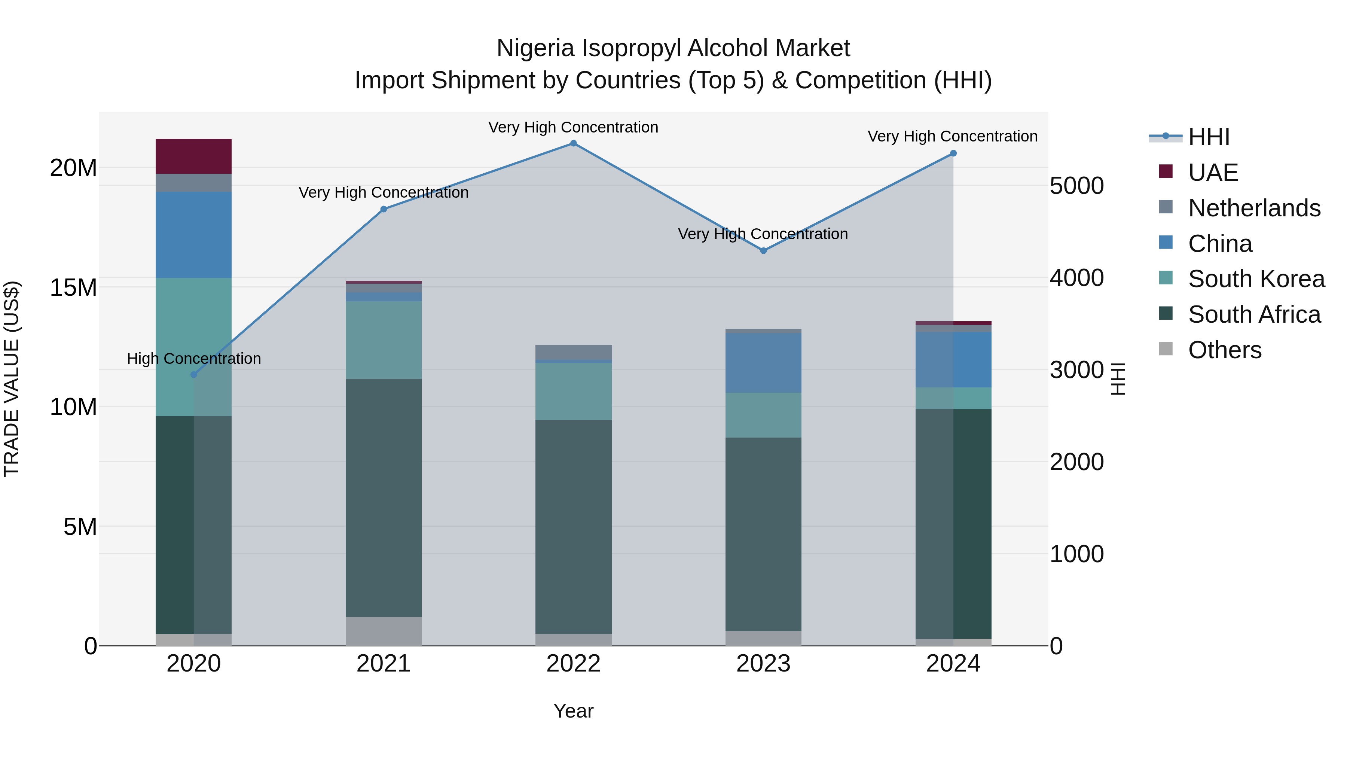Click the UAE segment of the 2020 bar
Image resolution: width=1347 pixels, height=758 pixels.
193,156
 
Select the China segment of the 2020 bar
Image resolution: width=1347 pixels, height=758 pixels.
193,234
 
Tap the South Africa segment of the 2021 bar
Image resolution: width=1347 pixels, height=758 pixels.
383,497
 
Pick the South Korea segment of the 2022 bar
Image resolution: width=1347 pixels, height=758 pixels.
573,391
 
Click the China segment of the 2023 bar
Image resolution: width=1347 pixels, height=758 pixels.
763,362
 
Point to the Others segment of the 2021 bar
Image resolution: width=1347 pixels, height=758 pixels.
383,631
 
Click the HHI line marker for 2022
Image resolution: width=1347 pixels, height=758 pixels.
573,143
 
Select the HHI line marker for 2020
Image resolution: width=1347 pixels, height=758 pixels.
193,375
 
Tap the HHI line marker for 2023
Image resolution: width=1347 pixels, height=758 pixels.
763,250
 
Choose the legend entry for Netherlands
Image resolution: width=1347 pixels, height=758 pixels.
1254,208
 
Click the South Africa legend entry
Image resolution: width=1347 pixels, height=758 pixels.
1254,314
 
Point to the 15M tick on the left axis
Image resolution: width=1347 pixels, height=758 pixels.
73,287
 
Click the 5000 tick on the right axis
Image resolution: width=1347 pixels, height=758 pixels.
1076,186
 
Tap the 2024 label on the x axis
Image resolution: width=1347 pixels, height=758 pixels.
953,664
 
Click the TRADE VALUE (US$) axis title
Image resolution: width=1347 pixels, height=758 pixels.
12,379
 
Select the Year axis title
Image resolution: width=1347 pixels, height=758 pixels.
573,711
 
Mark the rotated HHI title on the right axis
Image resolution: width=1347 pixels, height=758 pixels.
1117,379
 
